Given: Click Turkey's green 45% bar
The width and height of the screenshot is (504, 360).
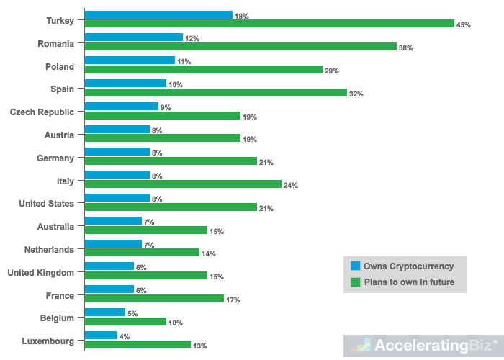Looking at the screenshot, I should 269,24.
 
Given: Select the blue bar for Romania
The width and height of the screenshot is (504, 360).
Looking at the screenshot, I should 134,37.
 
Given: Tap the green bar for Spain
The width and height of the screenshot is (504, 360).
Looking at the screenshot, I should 216,93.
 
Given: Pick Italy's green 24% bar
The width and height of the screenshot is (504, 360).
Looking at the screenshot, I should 183,184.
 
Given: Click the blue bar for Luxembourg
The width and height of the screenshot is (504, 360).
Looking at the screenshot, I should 101,336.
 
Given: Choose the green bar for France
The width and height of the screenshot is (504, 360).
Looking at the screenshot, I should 154,299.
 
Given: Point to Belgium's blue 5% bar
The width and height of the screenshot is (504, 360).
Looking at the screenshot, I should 105,312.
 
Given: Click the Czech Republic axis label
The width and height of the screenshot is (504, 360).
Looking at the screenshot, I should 41,112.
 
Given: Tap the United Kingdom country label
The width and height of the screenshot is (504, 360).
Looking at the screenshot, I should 40,273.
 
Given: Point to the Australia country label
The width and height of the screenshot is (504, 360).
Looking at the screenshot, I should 55,227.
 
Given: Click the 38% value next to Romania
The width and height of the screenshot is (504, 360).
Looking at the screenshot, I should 406,48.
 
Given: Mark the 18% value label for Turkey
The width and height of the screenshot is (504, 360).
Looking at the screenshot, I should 242,15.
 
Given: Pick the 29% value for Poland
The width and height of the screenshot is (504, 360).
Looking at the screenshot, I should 332,71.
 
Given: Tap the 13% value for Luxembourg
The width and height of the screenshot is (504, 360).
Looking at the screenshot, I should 200,346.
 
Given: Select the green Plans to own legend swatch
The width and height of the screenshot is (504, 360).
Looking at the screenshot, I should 355,282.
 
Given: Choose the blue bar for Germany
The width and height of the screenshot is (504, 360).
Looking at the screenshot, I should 117,152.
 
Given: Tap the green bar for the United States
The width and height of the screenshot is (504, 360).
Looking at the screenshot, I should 171,207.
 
